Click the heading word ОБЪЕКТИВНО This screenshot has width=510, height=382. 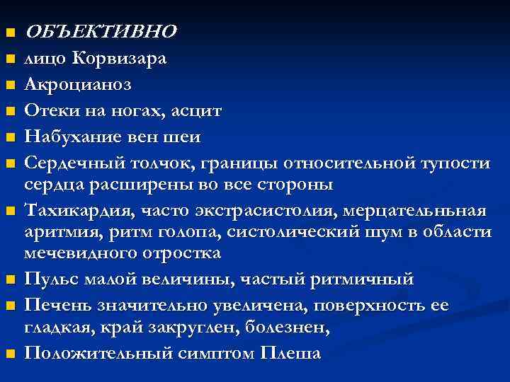click(x=101, y=31)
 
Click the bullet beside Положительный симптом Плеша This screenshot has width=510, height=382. click(x=9, y=354)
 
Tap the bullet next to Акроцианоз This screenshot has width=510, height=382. click(x=9, y=85)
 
